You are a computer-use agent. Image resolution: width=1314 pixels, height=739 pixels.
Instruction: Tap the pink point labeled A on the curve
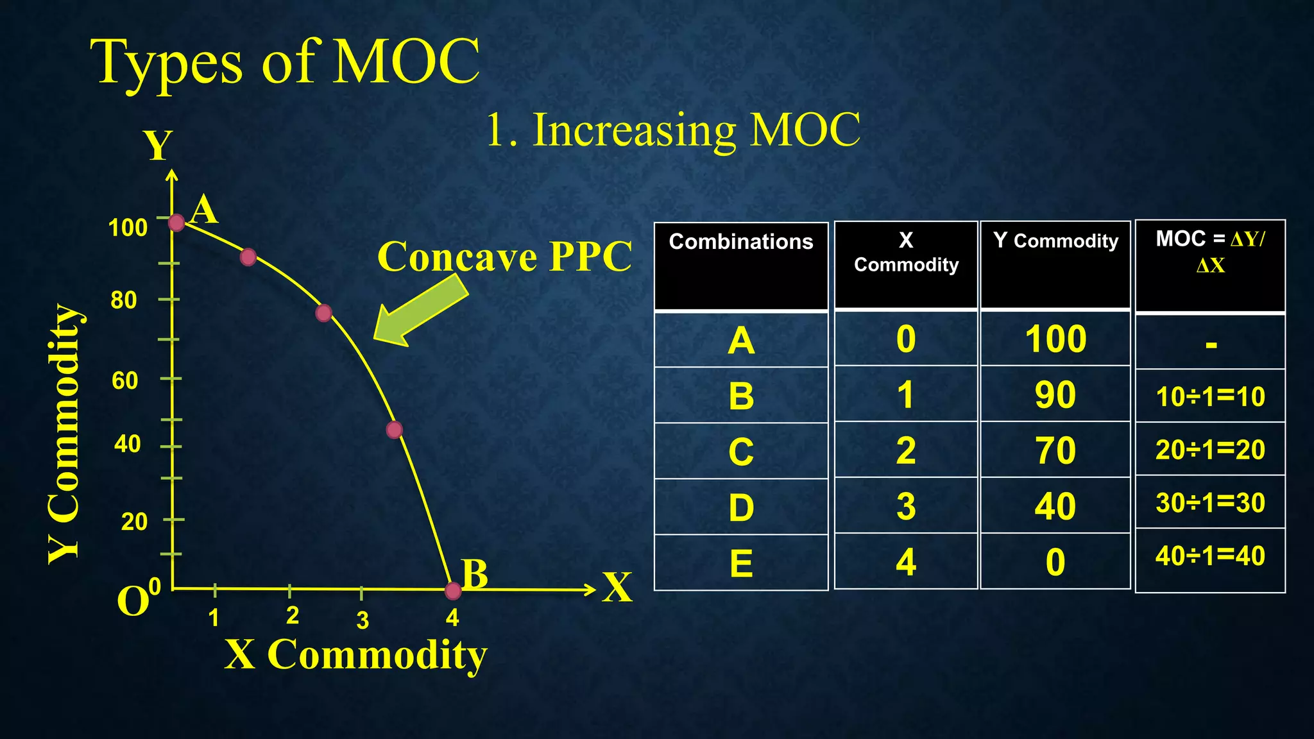point(176,223)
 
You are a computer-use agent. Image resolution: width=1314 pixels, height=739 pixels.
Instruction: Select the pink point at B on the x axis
point(453,590)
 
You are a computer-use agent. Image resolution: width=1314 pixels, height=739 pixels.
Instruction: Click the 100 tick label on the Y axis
point(128,228)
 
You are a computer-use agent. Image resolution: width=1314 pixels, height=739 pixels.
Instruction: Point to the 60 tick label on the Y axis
point(124,380)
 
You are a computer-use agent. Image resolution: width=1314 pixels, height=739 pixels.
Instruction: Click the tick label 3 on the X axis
point(363,620)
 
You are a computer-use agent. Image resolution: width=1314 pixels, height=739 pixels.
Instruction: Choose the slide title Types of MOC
point(286,62)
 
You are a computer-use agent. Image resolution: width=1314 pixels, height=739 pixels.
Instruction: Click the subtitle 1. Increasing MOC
point(672,130)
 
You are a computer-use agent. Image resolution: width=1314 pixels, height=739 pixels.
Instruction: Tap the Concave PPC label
point(504,257)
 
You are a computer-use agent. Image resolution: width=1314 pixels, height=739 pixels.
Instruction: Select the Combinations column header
point(741,242)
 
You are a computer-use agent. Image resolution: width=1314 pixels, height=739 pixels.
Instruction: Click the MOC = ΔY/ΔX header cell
point(1210,251)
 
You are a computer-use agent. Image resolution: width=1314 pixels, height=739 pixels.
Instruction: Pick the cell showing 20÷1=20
point(1210,450)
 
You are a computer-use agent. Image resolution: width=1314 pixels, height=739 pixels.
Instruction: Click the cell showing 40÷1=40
point(1210,556)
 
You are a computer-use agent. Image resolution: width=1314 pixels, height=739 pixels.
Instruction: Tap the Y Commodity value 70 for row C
point(1055,450)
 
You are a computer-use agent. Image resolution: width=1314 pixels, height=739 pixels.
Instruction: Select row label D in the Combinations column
point(741,507)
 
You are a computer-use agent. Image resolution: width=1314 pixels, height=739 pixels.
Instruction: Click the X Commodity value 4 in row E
point(905,562)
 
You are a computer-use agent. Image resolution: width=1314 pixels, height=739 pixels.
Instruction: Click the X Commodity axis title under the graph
point(356,655)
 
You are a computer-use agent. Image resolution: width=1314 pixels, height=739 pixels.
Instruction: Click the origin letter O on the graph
point(133,602)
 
